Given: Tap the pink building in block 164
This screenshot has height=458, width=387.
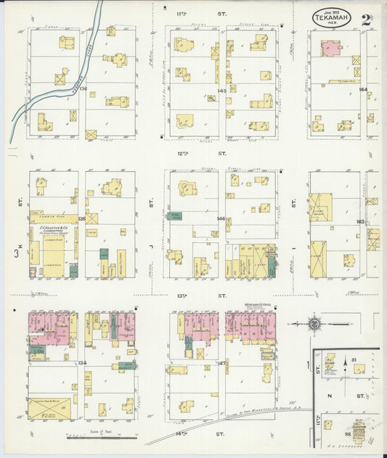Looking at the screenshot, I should (x=331, y=49).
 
